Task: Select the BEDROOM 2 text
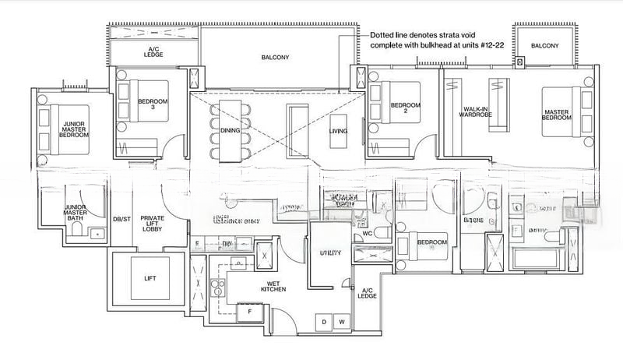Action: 405,109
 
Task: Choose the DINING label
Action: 230,131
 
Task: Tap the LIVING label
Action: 339,131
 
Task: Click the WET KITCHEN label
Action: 251,286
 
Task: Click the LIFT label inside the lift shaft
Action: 150,277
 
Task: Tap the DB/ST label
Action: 121,220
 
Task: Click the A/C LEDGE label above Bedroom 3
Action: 153,52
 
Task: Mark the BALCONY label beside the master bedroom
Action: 545,47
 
